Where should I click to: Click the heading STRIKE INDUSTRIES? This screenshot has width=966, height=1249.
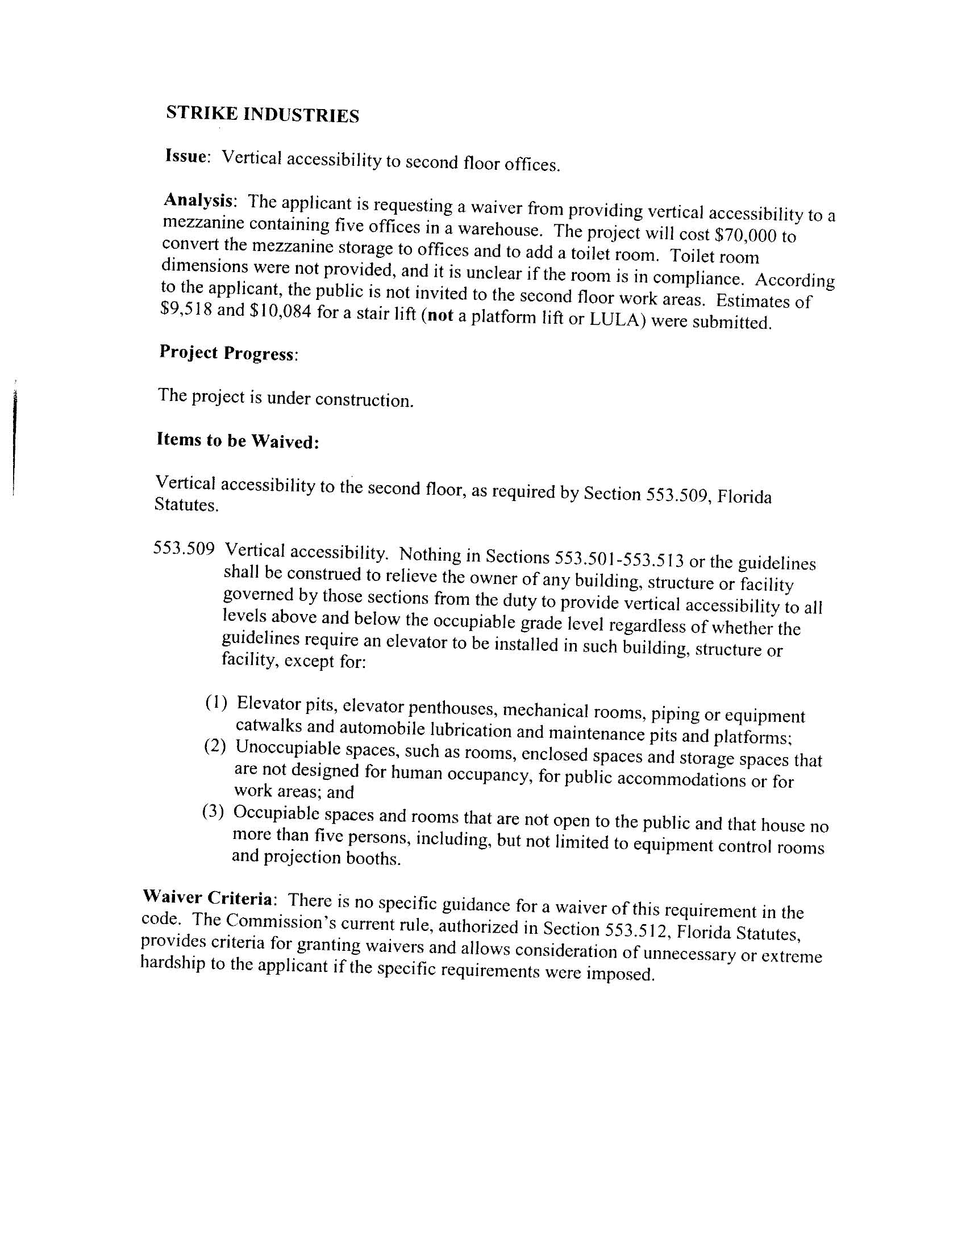click(x=263, y=114)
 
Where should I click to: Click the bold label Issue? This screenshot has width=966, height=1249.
click(x=186, y=156)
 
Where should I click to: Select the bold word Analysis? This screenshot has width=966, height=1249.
click(x=198, y=200)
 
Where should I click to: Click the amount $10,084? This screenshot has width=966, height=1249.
click(x=282, y=312)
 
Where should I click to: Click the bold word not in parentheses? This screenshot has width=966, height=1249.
click(x=439, y=315)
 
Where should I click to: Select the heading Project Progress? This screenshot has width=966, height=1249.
click(x=228, y=353)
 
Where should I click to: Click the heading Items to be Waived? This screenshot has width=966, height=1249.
click(x=237, y=441)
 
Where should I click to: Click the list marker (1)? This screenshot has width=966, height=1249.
click(x=216, y=702)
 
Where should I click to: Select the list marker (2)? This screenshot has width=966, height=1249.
click(x=215, y=746)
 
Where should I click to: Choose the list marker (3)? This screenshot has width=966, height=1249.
click(x=213, y=812)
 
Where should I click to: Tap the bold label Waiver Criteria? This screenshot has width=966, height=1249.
click(x=209, y=899)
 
